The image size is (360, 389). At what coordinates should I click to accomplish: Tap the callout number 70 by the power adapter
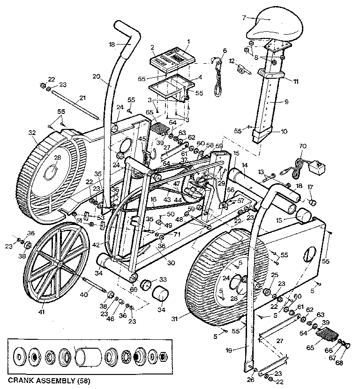302,147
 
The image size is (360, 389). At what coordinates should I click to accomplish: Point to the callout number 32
32,133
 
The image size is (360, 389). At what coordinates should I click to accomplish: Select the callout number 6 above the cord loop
225,50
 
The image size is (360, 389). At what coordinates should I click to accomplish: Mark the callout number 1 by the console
187,42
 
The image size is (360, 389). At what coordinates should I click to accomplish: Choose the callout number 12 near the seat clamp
231,61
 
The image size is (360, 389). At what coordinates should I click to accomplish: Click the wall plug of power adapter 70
320,166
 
